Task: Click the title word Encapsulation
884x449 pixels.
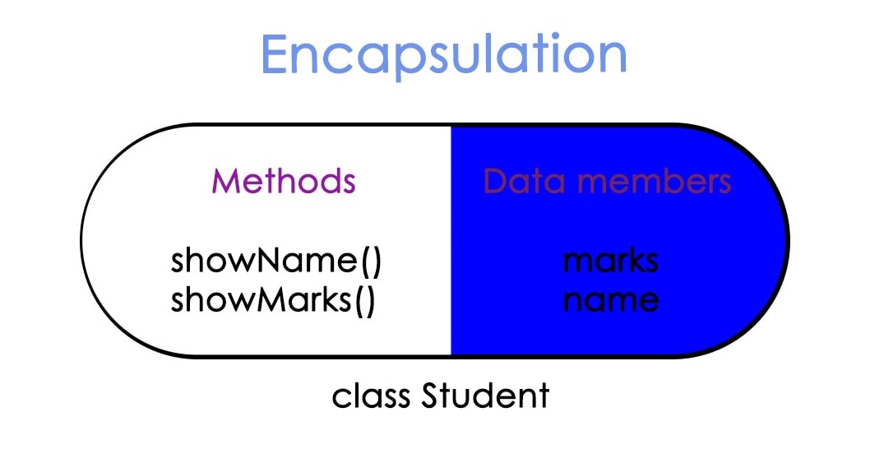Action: click(443, 55)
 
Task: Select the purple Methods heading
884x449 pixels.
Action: click(284, 181)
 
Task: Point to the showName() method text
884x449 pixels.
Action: click(276, 262)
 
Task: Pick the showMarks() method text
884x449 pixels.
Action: click(273, 300)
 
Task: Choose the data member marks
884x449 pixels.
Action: click(610, 262)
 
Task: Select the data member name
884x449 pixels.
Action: click(610, 300)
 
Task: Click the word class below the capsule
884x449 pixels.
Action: click(373, 396)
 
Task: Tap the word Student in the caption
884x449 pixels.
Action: click(484, 396)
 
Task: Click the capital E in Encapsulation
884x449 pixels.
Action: click(276, 55)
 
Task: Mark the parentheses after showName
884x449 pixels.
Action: click(371, 262)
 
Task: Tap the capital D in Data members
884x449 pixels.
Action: click(494, 181)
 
